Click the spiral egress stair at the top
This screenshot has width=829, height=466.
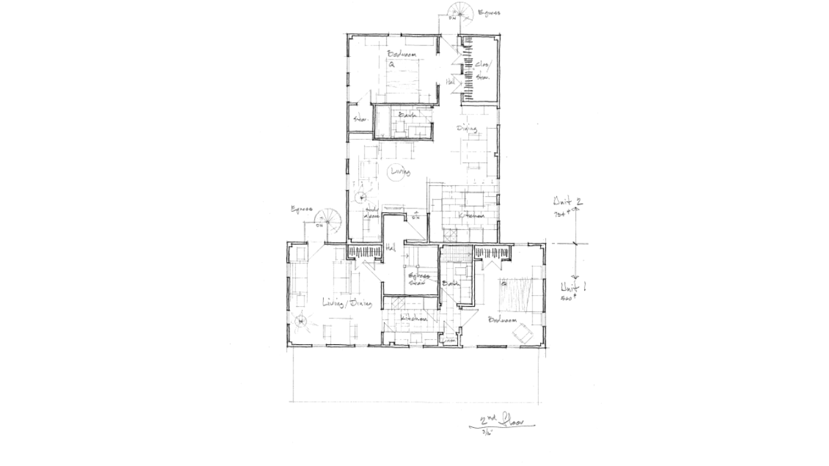(x=461, y=12)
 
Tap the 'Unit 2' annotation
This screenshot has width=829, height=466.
(x=566, y=201)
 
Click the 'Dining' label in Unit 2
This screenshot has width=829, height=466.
(x=467, y=128)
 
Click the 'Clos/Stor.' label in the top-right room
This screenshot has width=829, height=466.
(x=483, y=71)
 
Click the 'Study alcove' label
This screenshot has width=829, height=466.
(x=373, y=213)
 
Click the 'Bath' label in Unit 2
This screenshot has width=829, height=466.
(x=407, y=115)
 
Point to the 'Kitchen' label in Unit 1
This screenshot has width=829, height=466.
(x=414, y=319)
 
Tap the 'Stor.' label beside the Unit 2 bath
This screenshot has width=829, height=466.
(x=359, y=120)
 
